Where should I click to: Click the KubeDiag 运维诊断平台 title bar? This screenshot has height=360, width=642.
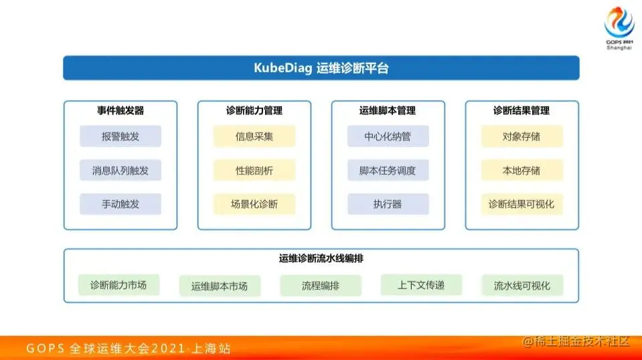[x=321, y=68]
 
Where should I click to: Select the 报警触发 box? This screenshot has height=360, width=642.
[x=121, y=137]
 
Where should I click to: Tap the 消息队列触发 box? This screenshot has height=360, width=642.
[x=121, y=171]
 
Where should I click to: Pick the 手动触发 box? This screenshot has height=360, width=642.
[x=121, y=204]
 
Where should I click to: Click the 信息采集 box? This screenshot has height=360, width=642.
[x=254, y=137]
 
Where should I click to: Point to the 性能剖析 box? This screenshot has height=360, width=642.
[x=254, y=171]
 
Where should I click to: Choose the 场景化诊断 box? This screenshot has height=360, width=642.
[x=254, y=204]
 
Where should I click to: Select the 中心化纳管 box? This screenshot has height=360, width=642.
[x=388, y=137]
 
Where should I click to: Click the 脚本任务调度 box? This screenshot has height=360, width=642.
[x=388, y=171]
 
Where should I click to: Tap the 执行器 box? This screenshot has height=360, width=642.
[x=388, y=204]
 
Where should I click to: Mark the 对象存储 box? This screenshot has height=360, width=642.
[x=521, y=137]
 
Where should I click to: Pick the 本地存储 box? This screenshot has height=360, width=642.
[x=521, y=171]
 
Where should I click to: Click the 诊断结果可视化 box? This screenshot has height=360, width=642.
[x=521, y=204]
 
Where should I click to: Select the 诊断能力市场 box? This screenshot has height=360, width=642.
[x=118, y=285]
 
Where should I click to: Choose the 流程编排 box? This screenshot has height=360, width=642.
[x=321, y=286]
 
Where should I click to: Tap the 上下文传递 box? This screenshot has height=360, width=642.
[x=421, y=285]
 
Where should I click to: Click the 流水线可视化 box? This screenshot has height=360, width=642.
[x=522, y=286]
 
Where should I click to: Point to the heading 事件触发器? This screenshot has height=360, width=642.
[x=121, y=110]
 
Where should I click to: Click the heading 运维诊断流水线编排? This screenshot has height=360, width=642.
[x=321, y=258]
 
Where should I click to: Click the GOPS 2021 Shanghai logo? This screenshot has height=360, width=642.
[x=618, y=27]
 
